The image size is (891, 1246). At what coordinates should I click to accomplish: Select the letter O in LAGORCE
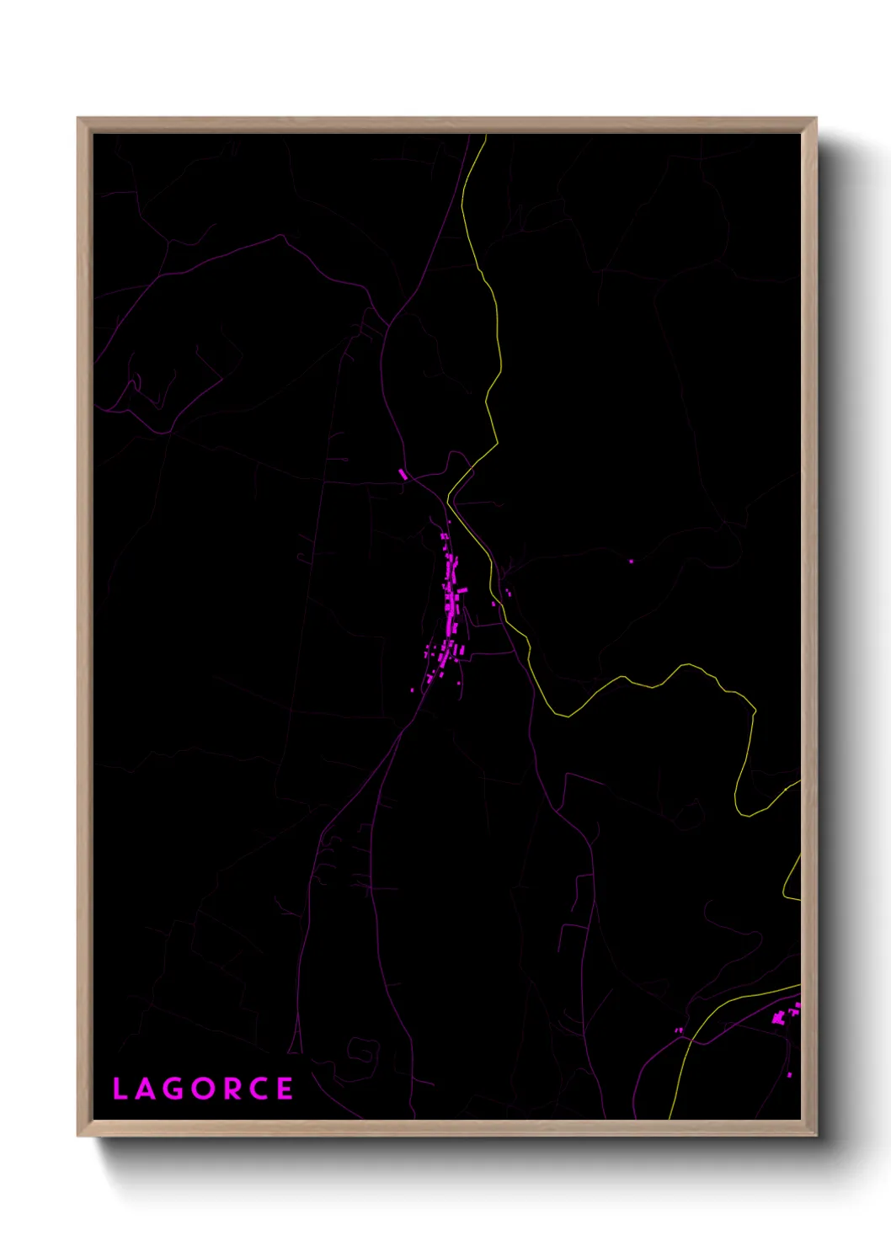coord(202,1089)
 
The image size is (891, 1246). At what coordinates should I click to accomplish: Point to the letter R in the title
coord(231,1089)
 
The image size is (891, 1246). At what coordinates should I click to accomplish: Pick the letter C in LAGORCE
coord(259,1089)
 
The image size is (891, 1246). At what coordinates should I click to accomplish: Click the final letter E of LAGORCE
coord(285,1089)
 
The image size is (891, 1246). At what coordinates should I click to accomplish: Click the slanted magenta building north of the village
coord(403,475)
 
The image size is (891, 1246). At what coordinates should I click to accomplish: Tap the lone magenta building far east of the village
coord(631,561)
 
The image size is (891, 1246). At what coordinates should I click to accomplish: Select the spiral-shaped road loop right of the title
coord(363,1052)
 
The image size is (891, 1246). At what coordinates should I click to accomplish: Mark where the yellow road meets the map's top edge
coord(486,136)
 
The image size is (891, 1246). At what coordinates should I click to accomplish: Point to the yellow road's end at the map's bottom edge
coord(670,1117)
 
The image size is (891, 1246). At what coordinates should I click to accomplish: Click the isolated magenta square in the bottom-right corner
coord(790,1075)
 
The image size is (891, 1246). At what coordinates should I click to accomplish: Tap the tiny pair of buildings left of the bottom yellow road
coord(678,1030)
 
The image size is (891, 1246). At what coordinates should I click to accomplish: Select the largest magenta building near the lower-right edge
coord(778,1018)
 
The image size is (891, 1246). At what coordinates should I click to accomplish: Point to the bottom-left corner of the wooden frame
coord(78,1135)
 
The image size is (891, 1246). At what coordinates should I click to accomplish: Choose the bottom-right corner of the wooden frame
coord(815,1135)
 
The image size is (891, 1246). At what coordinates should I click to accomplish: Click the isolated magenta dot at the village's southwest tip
coord(412,690)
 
